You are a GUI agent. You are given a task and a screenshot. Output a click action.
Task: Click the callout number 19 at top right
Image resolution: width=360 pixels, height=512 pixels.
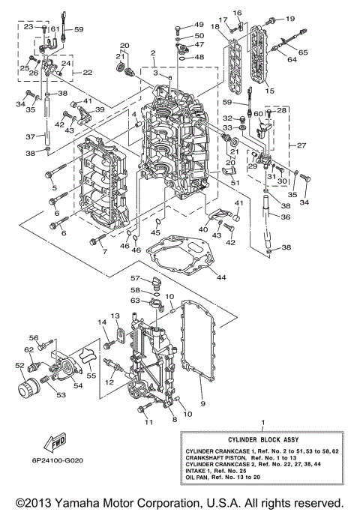(290, 18)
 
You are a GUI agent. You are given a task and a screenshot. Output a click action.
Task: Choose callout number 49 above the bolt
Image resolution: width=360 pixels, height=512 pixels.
(199, 25)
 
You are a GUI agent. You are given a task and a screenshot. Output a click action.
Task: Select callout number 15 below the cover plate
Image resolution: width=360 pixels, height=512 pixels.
(269, 91)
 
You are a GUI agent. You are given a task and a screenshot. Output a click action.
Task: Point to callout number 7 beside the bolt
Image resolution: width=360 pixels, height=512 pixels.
(104, 250)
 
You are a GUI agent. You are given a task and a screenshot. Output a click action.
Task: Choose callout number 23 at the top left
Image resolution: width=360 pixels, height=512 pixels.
(28, 27)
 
